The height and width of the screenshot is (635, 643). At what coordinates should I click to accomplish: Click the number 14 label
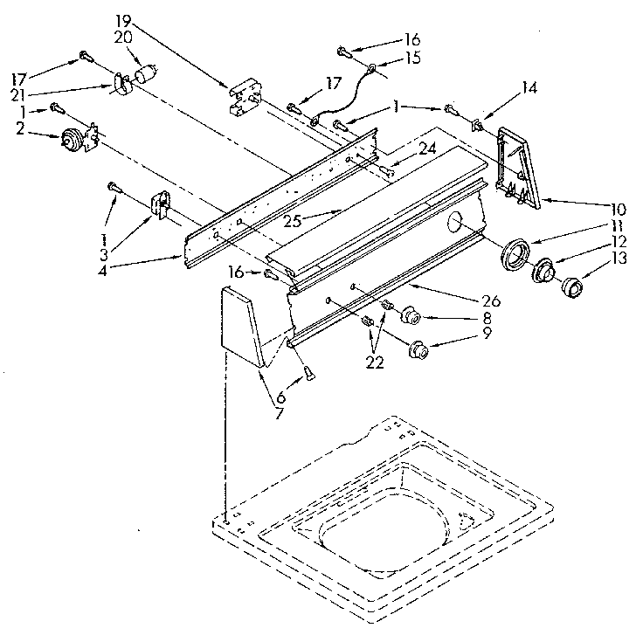(529, 87)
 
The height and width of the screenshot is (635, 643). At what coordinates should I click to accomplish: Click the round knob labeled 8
(411, 315)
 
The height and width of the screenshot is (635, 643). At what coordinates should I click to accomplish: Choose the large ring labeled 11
(515, 255)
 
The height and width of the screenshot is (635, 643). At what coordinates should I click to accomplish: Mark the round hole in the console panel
(455, 224)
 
